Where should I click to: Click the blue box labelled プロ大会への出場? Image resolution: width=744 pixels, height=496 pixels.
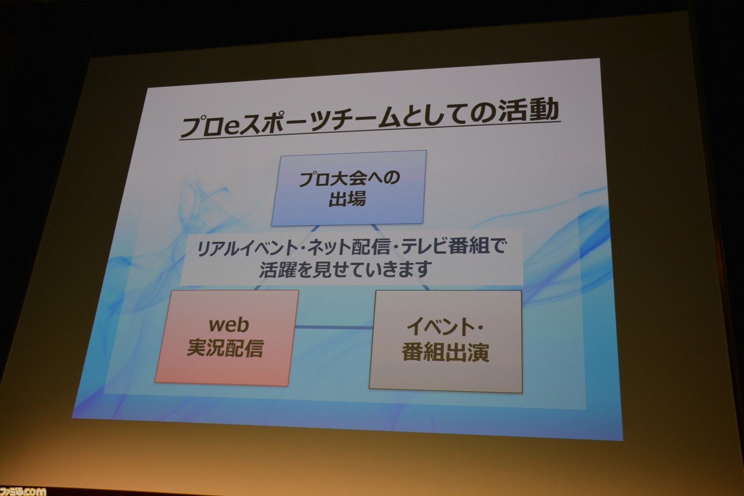point(349,188)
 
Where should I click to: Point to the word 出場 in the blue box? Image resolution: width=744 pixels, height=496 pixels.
point(347,198)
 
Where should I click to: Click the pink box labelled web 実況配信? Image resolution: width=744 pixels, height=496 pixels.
point(227,338)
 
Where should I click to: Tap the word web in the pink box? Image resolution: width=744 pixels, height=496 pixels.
point(228,324)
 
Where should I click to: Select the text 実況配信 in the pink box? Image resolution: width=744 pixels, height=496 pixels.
point(225,348)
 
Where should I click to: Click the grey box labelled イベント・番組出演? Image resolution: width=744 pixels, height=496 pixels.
point(445,341)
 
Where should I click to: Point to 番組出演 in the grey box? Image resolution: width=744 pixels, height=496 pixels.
point(445,352)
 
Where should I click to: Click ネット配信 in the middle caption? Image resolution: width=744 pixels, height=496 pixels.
point(348,248)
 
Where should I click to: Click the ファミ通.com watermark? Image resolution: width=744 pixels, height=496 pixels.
point(23,491)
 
